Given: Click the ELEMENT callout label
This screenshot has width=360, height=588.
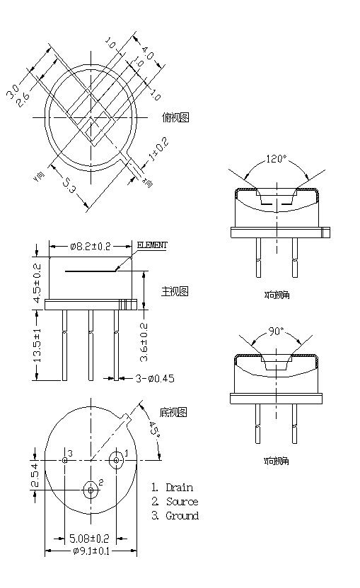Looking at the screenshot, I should click(x=151, y=245).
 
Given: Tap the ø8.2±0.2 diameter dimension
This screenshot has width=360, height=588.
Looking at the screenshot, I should click(x=91, y=246).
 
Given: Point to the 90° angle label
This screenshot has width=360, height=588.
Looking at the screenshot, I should click(x=275, y=330).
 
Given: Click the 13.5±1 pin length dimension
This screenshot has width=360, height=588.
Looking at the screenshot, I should click(x=37, y=345).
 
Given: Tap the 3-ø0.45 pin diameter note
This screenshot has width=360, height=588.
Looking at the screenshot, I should click(x=155, y=378).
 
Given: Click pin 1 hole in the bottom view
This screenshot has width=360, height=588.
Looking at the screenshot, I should click(x=117, y=460).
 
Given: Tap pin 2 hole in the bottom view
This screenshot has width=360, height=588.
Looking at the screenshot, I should click(x=91, y=488).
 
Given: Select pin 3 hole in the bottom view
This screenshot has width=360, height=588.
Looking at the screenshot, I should click(x=64, y=460).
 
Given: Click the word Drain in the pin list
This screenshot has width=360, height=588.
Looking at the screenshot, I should click(x=179, y=488).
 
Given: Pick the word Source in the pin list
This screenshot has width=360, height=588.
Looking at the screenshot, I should click(x=182, y=502).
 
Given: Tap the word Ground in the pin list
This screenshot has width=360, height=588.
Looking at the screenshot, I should click(x=182, y=516).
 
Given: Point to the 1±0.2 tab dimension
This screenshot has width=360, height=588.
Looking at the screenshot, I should click(x=158, y=151).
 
